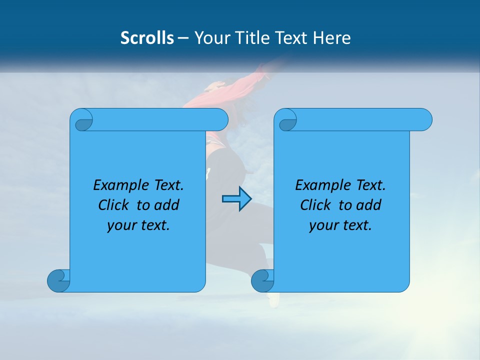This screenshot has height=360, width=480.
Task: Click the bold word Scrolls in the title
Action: click(147, 38)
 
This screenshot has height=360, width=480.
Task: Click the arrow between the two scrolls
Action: click(236, 199)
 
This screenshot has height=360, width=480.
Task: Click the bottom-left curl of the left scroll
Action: click(59, 280)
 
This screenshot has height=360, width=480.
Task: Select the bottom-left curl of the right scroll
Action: click(262, 280)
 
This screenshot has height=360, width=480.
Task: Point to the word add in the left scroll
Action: click(167, 205)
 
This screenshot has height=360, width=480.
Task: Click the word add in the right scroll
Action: click(369, 205)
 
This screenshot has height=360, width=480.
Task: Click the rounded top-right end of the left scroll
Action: click(220, 119)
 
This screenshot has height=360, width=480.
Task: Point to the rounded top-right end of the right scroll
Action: click(424, 119)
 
